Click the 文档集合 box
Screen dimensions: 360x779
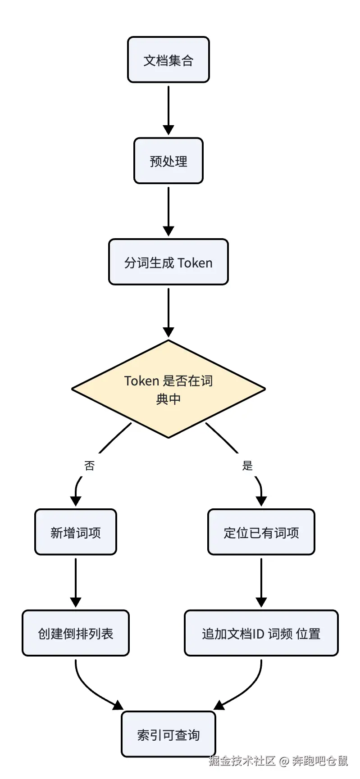coord(169,60)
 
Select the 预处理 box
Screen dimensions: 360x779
coord(169,161)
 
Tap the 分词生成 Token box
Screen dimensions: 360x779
coord(169,262)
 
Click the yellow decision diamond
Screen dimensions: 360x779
coord(169,389)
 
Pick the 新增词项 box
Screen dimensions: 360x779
coord(76,532)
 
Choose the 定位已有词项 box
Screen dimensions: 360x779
coord(261,532)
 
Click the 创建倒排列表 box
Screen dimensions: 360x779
coord(76,633)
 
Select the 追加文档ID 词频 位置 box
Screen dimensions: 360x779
coord(261,633)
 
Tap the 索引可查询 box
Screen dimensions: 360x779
coord(169,734)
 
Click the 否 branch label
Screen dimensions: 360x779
coord(89,466)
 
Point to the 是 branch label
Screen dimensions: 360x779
coord(247,466)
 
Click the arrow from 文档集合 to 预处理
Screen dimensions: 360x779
coord(169,110)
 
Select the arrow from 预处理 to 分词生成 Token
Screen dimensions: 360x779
coord(169,212)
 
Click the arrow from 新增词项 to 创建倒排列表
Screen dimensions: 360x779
coord(76,583)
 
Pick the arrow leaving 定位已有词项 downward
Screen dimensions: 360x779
coord(261,583)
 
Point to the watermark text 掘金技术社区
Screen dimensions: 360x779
coord(242,761)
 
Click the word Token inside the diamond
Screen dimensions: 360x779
coord(142,381)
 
